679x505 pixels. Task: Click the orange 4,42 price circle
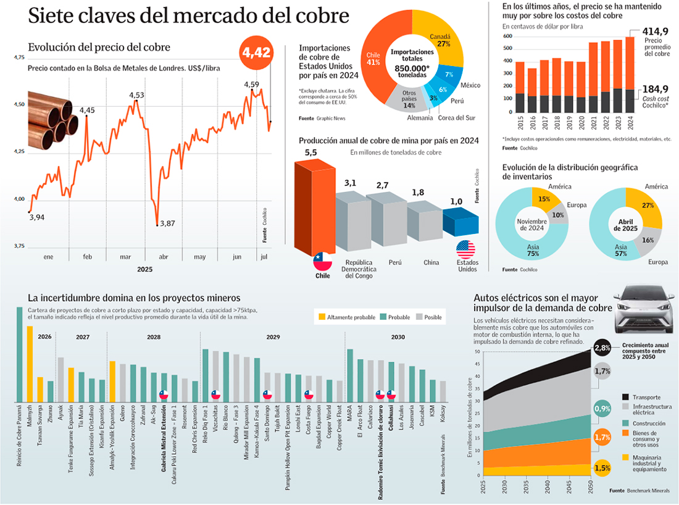click(256, 53)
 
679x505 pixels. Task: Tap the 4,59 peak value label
click(251, 85)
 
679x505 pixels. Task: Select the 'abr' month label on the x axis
click(164, 257)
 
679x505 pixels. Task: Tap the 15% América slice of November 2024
click(544, 199)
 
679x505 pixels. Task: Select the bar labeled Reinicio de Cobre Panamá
click(19, 355)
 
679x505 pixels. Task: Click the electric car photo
click(642, 308)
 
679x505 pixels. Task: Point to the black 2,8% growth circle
click(602, 348)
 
